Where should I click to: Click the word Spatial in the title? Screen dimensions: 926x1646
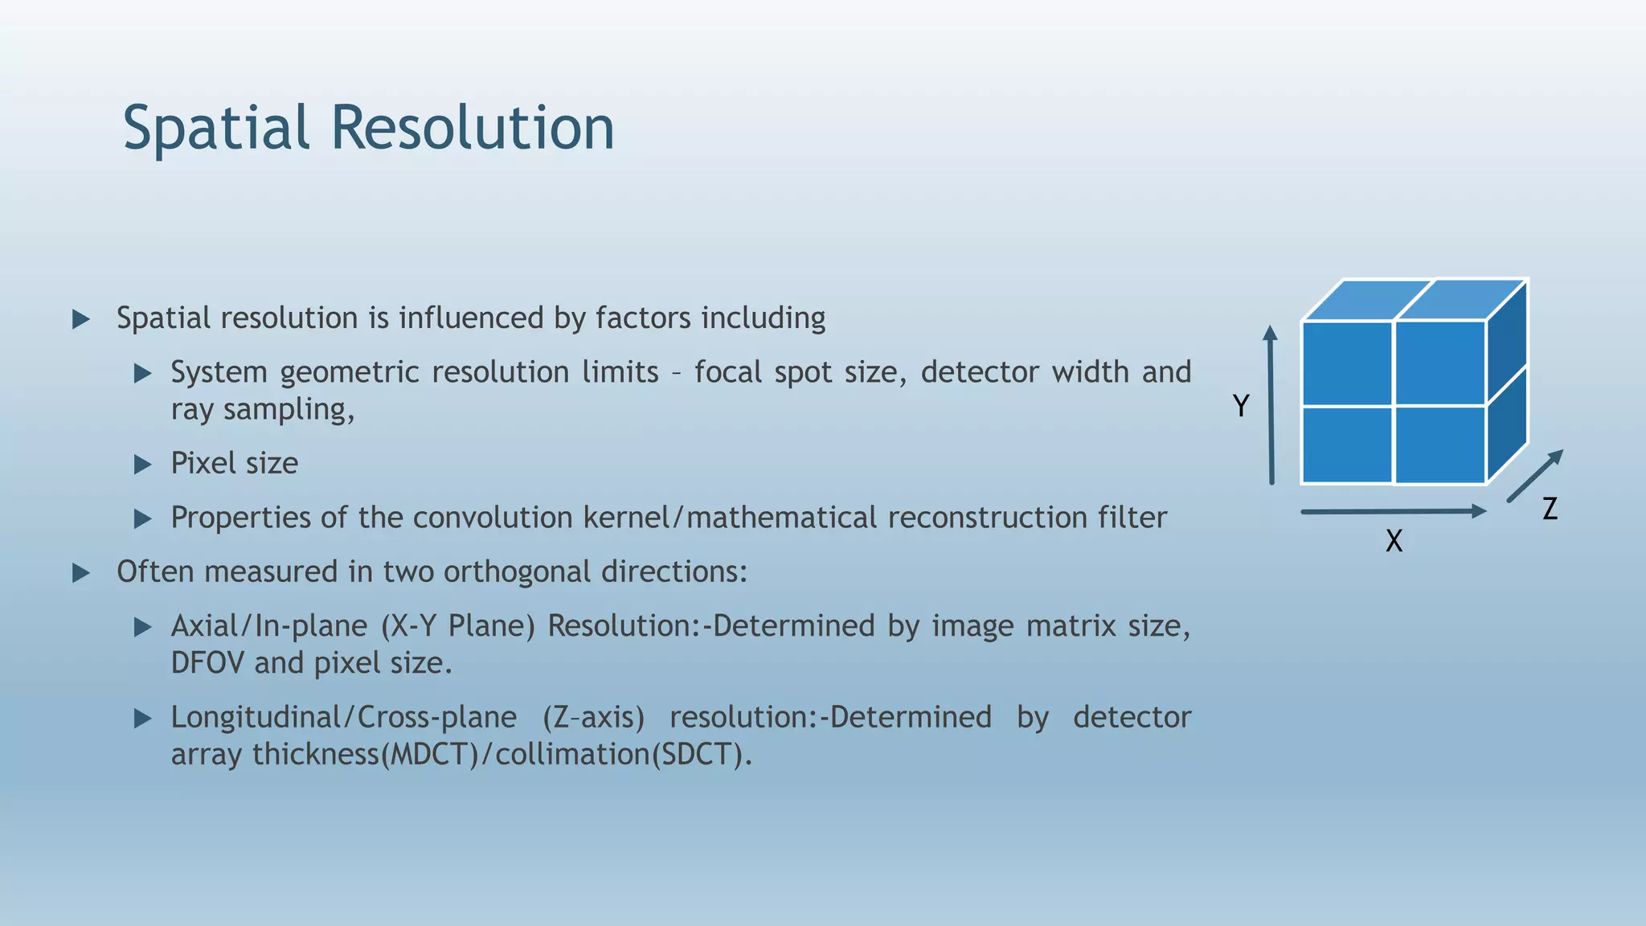(x=216, y=129)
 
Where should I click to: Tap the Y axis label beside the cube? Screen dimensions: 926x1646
(x=1241, y=406)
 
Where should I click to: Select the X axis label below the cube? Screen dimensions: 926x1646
(x=1394, y=541)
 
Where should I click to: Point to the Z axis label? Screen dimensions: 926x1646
(x=1550, y=509)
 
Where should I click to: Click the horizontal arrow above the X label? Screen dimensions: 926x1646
(x=1393, y=511)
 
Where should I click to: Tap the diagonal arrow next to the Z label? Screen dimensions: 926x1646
(x=1534, y=476)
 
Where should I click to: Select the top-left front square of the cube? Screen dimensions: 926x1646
(x=1347, y=363)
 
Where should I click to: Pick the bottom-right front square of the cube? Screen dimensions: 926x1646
(x=1440, y=445)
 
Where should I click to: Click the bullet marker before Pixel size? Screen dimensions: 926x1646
(x=143, y=464)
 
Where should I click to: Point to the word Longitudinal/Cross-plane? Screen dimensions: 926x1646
(x=343, y=717)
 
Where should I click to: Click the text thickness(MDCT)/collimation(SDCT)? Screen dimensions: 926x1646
(x=502, y=755)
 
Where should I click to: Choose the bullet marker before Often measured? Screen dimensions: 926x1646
(x=81, y=572)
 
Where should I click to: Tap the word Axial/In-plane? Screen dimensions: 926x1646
(x=269, y=626)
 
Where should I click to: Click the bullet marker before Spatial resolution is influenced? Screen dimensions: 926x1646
(x=81, y=319)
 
